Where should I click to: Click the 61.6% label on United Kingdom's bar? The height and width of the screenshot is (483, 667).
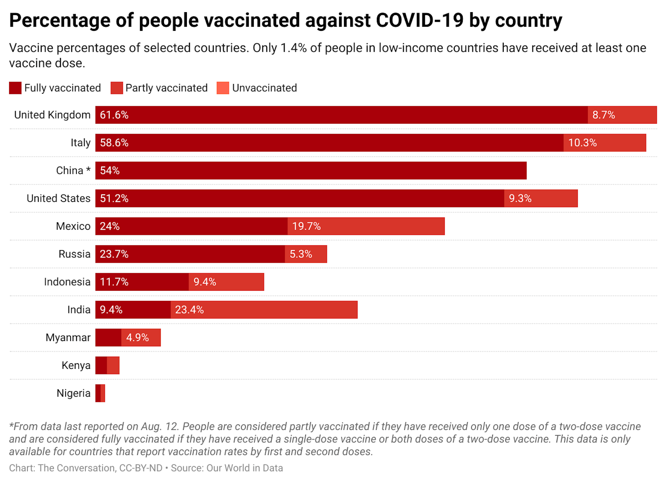pyautogui.click(x=114, y=115)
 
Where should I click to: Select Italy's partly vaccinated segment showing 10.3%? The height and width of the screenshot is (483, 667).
pyautogui.click(x=604, y=143)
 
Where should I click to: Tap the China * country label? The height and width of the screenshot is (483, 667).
pyautogui.click(x=73, y=170)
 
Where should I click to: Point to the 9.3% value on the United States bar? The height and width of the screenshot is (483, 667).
pyautogui.click(x=520, y=198)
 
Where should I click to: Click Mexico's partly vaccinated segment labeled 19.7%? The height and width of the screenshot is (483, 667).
pyautogui.click(x=365, y=226)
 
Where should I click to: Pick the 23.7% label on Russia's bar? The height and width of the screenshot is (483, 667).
pyautogui.click(x=114, y=254)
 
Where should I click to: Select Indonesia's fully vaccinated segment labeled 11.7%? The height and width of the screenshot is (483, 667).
pyautogui.click(x=142, y=282)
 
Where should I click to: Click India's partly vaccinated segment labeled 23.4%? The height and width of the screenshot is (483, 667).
pyautogui.click(x=263, y=310)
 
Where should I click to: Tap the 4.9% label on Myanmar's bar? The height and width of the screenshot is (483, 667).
pyautogui.click(x=137, y=337)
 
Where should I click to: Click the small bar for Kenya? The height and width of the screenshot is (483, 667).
pyautogui.click(x=107, y=365)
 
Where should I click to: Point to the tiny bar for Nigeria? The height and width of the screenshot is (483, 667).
pyautogui.click(x=100, y=393)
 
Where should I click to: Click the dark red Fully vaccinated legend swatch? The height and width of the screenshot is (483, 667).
pyautogui.click(x=15, y=88)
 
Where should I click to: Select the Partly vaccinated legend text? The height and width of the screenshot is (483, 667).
pyautogui.click(x=166, y=88)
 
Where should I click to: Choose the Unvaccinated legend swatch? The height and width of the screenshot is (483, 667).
pyautogui.click(x=223, y=88)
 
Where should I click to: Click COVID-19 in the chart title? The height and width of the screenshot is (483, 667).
pyautogui.click(x=420, y=20)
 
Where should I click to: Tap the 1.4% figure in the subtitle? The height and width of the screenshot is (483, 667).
pyautogui.click(x=293, y=48)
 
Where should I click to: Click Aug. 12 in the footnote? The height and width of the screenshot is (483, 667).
pyautogui.click(x=159, y=426)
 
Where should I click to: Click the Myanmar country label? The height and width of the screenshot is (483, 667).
pyautogui.click(x=68, y=337)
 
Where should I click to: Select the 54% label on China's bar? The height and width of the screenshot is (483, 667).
pyautogui.click(x=109, y=170)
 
